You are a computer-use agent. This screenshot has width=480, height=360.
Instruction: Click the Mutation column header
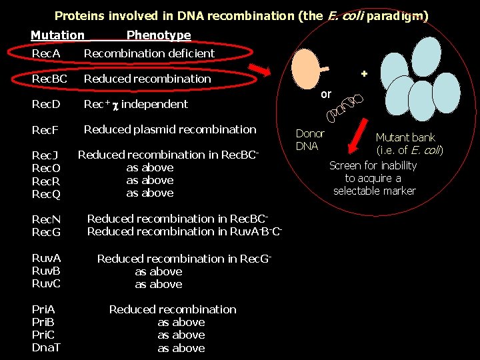57,35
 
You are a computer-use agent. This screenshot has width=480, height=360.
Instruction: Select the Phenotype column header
159,35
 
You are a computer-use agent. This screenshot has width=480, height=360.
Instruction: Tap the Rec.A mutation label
46,53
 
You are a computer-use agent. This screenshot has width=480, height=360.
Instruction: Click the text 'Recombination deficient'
149,53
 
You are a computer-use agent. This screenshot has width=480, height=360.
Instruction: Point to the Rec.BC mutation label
50,79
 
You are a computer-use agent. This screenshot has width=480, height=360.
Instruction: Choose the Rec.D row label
46,104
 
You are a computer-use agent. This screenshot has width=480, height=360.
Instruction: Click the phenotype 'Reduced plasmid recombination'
170,129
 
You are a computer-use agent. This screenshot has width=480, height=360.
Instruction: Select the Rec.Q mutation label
46,193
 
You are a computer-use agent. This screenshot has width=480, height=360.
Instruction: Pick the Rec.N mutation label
46,219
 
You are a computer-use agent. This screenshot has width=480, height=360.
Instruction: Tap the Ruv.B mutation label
46,271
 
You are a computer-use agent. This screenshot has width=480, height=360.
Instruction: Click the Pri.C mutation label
45,335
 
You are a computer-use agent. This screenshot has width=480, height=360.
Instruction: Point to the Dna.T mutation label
46,348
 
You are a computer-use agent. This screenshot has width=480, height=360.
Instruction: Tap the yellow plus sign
364,73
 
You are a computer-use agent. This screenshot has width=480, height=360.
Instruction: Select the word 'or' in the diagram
325,95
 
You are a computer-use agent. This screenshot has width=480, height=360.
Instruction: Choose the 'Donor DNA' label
309,140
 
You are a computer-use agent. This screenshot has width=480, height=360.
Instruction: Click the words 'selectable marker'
375,191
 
